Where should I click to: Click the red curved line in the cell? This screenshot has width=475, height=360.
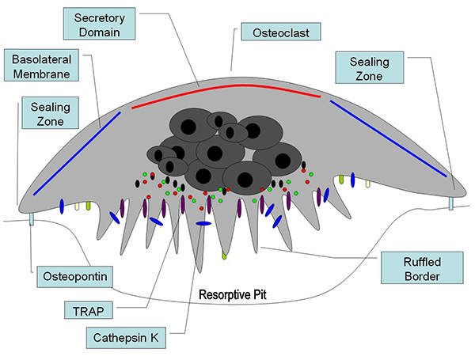(226, 86)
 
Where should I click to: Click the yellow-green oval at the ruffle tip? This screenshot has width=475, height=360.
(225, 255)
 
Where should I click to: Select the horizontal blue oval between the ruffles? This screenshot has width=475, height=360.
(203, 224)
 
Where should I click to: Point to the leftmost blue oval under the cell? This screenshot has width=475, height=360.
(62, 207)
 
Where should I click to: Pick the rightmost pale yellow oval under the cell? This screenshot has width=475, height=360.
(367, 184)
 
